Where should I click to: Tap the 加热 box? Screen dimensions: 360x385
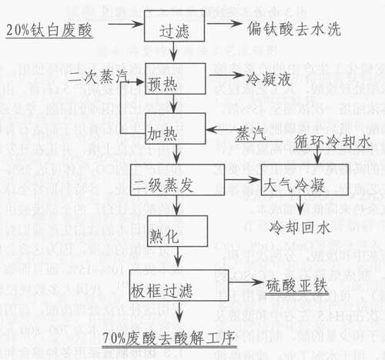176,128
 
